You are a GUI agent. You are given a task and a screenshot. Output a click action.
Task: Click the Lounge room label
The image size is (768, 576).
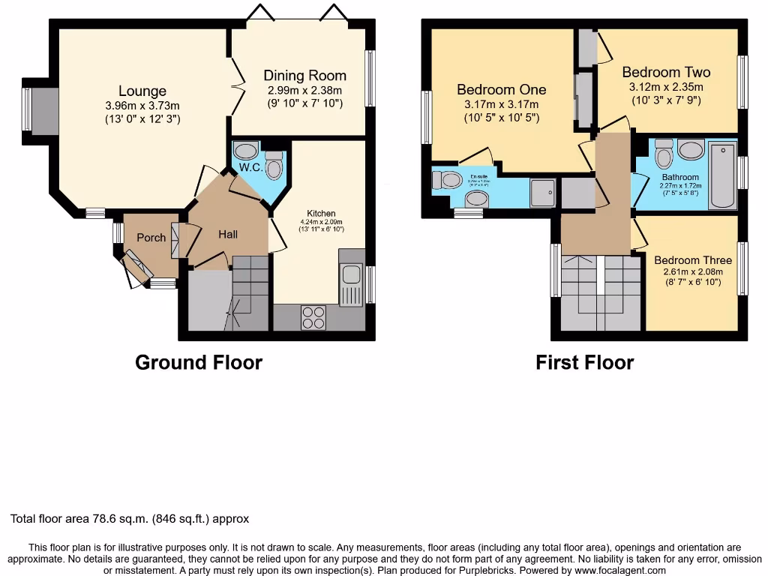coord(142,91)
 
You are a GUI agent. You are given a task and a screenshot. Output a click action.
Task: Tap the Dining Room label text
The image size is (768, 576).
coord(304,75)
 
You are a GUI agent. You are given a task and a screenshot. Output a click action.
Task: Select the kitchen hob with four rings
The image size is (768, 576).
coord(313,317)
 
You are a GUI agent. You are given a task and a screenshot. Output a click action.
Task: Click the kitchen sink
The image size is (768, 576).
coord(349,285)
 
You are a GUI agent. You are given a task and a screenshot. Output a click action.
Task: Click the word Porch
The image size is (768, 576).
coord(151,238)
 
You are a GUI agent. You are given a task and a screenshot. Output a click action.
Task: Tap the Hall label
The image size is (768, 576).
coord(228,235)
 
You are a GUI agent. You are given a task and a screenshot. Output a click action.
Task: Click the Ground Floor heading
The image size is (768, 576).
coord(199,363)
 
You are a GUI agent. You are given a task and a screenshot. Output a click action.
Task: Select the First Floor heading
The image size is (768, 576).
coord(584,363)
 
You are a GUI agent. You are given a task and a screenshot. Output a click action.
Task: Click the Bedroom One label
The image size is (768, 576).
coord(502,90)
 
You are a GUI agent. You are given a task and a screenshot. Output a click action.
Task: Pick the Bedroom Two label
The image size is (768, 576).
coord(666,73)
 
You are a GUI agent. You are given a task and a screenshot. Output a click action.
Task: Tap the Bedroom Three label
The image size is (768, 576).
coord(692,260)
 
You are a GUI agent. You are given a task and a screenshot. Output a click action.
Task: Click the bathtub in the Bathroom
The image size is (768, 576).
coord(723,175)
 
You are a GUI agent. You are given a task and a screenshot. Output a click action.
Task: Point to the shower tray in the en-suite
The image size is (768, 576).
coord(543,192)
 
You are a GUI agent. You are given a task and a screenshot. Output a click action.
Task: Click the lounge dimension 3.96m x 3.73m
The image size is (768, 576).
coord(142,106)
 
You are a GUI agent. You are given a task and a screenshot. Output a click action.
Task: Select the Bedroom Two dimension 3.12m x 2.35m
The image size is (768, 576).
coord(666,87)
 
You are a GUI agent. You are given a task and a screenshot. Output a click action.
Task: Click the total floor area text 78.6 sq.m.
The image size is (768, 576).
coord(129,518)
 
